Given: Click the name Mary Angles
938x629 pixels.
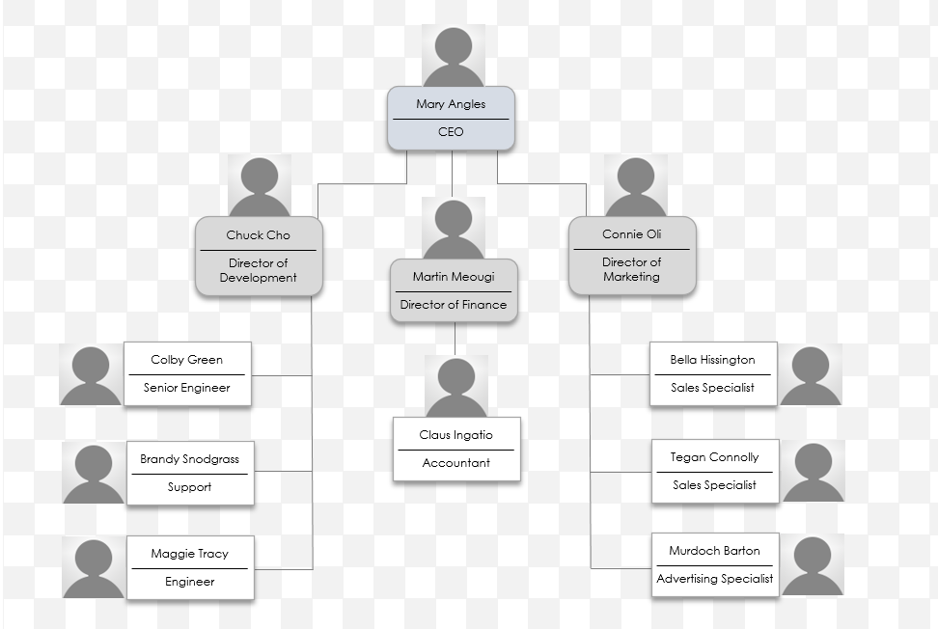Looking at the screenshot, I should click(451, 104).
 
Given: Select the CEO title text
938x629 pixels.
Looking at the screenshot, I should click(451, 132).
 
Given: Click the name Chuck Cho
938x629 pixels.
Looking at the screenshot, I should click(258, 235).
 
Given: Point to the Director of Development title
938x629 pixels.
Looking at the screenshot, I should click(258, 270).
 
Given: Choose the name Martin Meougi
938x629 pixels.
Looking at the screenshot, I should click(453, 277).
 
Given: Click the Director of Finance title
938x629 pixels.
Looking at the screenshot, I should click(453, 305).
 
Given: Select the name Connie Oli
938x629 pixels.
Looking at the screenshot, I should click(631, 234).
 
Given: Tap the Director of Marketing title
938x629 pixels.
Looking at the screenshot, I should click(631, 269).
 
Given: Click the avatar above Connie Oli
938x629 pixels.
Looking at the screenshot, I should click(635, 186).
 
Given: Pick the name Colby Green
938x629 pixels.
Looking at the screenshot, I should click(186, 360).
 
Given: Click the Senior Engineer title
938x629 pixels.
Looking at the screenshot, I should click(186, 388).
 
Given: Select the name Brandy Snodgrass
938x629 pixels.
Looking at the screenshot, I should click(189, 459).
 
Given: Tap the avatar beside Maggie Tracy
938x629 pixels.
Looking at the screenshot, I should click(93, 567).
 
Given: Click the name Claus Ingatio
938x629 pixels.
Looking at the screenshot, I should click(455, 435).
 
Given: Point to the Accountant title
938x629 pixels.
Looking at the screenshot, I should click(455, 463).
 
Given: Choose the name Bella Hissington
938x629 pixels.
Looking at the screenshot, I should click(712, 360).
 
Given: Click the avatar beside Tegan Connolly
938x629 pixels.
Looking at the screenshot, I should click(813, 471).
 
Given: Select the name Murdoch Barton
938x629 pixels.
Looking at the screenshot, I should click(714, 551).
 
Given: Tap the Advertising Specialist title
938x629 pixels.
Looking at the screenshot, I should click(714, 579).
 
